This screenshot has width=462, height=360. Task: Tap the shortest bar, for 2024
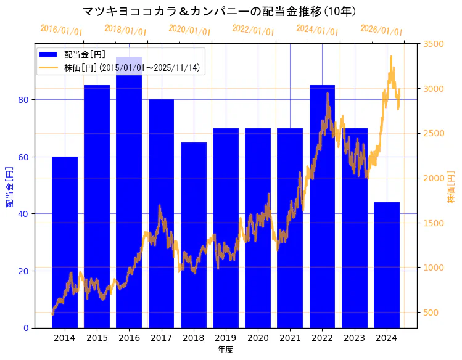(387, 265)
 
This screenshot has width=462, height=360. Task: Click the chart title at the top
(219, 11)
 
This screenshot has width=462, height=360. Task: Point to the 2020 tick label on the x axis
(258, 338)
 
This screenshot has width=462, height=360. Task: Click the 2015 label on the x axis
(97, 338)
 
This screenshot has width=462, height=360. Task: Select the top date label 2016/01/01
(61, 30)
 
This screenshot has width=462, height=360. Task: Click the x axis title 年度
(225, 350)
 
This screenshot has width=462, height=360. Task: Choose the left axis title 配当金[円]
(9, 186)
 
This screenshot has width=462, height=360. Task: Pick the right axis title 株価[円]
(451, 186)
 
